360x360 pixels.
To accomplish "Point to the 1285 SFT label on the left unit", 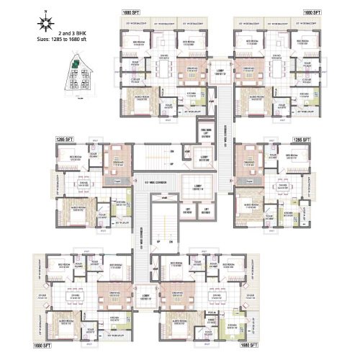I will [66, 138].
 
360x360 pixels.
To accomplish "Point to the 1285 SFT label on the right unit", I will [301, 138].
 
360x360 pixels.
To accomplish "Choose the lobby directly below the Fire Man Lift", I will [205, 159].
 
